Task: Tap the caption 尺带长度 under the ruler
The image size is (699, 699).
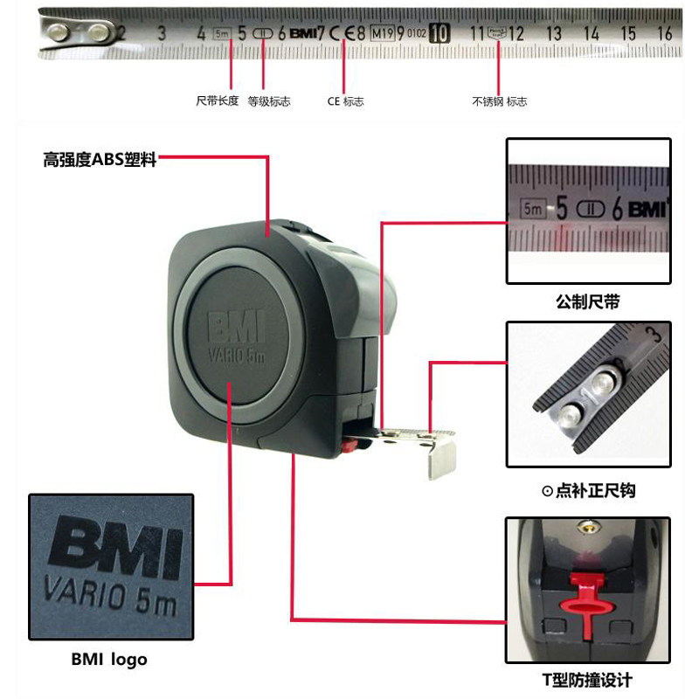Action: [217, 101]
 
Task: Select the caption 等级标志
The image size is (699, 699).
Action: [269, 101]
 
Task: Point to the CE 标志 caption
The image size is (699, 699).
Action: [345, 101]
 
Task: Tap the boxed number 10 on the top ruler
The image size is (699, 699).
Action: [440, 34]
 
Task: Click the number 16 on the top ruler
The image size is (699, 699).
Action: [664, 34]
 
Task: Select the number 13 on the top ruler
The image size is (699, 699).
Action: [553, 34]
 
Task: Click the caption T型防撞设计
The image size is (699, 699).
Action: [588, 681]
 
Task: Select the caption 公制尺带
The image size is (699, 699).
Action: [588, 303]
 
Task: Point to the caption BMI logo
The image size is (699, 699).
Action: [109, 660]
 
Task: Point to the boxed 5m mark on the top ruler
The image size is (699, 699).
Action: [222, 34]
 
